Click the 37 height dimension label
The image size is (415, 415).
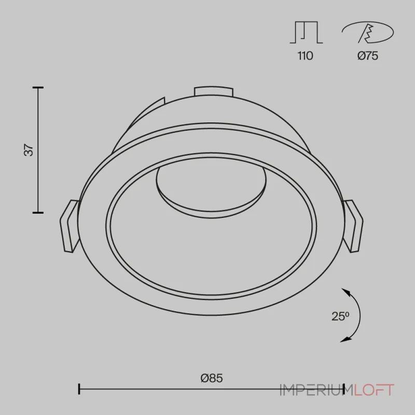click(29, 150)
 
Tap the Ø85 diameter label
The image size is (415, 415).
click(212, 378)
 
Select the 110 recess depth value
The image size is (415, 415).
click(306, 56)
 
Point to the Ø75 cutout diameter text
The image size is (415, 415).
click(368, 56)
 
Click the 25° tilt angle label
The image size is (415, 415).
click(340, 316)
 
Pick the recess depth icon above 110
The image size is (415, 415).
click(306, 32)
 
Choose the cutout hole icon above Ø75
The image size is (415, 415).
click(368, 32)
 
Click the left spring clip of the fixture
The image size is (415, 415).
click(70, 226)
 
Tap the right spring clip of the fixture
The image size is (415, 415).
click(353, 226)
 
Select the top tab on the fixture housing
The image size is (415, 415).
click(214, 91)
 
